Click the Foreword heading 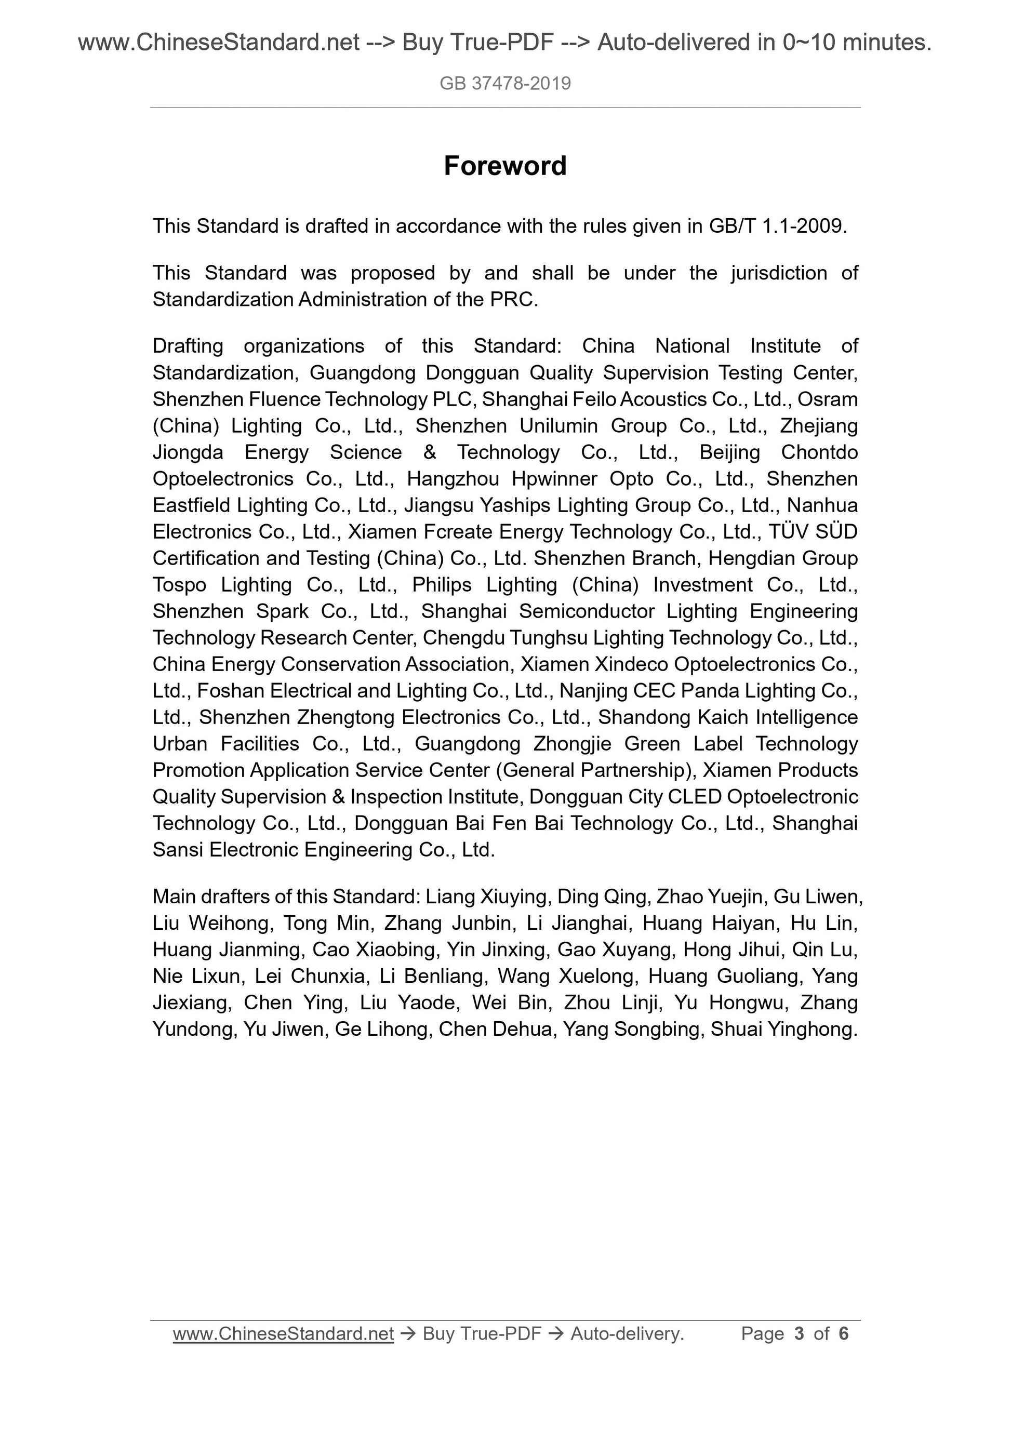(x=504, y=166)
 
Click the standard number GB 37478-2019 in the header (x=504, y=84)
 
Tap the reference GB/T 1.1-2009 (x=777, y=226)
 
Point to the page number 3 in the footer (x=799, y=1333)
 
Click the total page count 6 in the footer (x=843, y=1333)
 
